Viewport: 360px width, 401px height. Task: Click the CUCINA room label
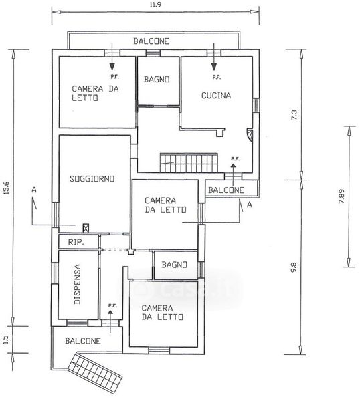coord(216,96)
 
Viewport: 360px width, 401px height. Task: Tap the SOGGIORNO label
coord(92,178)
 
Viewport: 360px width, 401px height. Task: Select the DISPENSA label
coord(77,284)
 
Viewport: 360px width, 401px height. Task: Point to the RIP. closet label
coord(76,242)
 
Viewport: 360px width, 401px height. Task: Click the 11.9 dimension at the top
coord(155,5)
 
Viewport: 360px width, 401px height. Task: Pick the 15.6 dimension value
coord(6,188)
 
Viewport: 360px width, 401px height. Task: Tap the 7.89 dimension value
coord(341,196)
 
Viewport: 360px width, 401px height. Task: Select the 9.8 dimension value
coord(294,267)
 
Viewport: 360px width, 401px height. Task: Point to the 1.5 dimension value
coord(6,339)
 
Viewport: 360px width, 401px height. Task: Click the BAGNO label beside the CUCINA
coord(157,80)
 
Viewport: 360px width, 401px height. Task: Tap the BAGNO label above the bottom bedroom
coord(175,265)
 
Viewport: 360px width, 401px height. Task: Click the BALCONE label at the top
coord(151,41)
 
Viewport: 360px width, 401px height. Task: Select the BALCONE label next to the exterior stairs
coord(83,341)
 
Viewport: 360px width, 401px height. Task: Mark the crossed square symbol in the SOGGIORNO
coord(86,228)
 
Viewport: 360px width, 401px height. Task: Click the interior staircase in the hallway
coord(189,163)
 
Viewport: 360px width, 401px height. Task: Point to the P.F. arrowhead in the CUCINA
coord(214,67)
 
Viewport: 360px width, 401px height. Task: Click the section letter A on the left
coord(34,190)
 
